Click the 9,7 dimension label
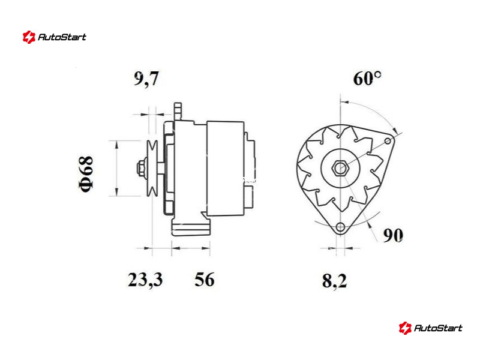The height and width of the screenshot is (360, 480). tap(146, 79)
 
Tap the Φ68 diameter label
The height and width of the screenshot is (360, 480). tap(86, 174)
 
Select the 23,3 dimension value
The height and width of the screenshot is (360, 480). tap(145, 280)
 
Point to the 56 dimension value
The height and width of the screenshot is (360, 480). tap(205, 279)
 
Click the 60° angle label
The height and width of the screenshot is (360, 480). tap(367, 78)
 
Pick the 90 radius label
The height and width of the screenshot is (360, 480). tap(393, 235)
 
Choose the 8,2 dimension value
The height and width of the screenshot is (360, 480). tap(334, 281)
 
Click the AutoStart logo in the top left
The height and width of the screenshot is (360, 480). tap(55, 37)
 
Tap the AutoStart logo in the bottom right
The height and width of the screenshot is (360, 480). tap(430, 328)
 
